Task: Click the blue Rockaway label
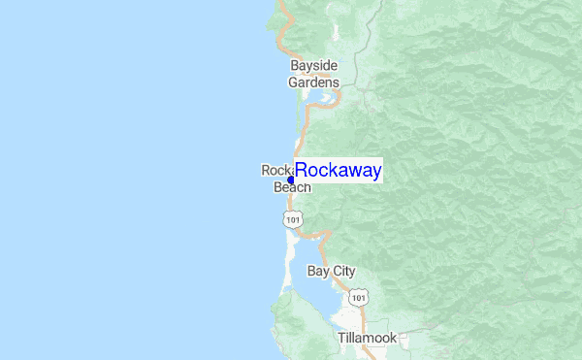pos(338,171)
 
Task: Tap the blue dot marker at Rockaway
pos(291,180)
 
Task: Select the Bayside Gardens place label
pos(314,74)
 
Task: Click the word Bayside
pos(314,65)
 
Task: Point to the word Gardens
pos(314,82)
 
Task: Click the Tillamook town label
pos(367,338)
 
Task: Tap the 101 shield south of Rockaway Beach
pos(292,221)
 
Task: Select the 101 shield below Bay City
pos(359,295)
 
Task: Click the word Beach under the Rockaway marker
pos(292,187)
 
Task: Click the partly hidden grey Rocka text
pos(275,170)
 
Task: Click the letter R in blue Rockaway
pos(302,171)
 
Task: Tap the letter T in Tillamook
pos(341,338)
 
